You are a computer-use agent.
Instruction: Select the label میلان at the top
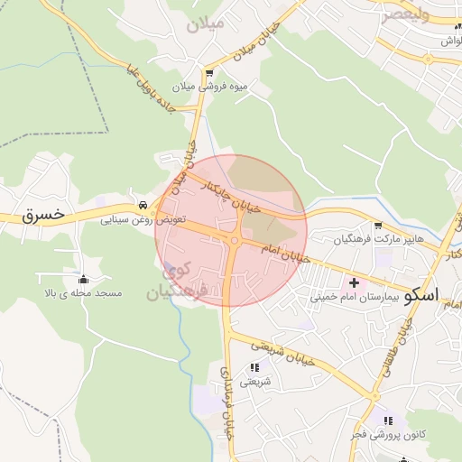[x=204, y=23]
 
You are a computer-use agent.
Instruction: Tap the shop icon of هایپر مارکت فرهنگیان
[x=378, y=226]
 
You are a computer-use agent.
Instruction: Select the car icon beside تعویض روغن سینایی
[x=143, y=204]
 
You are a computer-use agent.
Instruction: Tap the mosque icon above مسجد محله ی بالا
[x=84, y=279]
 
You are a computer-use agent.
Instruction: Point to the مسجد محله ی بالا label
[x=84, y=293]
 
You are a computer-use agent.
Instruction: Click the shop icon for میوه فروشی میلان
[x=209, y=74]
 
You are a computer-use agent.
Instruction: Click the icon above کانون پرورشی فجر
[x=388, y=420]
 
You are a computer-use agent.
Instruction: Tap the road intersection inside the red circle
[x=234, y=241]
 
